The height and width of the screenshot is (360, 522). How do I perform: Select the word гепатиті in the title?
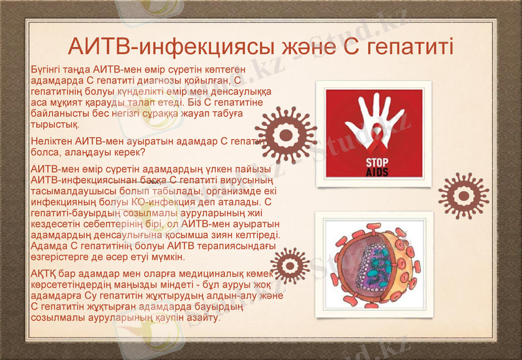[x=411, y=47]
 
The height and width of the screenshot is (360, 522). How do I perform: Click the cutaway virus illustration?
[x=373, y=264]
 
